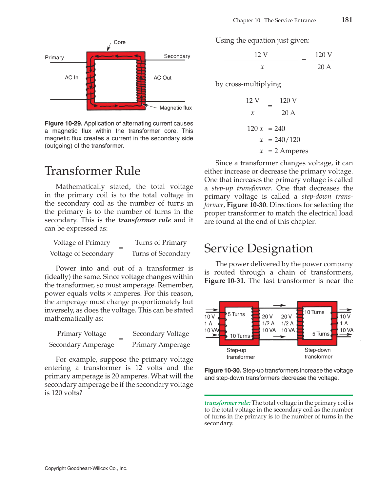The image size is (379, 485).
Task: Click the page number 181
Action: (347, 20)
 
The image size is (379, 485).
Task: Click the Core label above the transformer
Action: (120, 42)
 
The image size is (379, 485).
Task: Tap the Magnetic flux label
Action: (175, 108)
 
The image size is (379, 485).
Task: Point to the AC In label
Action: (71, 78)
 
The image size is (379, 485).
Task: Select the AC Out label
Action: (163, 78)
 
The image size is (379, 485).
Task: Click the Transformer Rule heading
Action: (92, 171)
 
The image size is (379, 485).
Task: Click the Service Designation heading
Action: (258, 248)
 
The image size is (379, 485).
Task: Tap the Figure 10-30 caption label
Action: (223, 371)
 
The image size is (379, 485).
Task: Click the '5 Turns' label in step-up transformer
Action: (236, 314)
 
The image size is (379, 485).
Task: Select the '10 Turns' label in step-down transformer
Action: (314, 312)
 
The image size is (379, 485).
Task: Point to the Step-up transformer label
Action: (240, 354)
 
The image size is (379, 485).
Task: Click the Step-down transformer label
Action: (318, 354)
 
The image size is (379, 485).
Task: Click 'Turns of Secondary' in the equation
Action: (161, 253)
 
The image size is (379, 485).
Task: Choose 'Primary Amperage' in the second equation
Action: (161, 345)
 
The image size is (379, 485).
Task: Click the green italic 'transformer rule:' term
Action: (228, 403)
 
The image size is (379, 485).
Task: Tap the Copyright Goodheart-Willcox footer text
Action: (86, 468)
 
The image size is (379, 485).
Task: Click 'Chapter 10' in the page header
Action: (246, 20)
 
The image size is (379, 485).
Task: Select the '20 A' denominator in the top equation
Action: (324, 67)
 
